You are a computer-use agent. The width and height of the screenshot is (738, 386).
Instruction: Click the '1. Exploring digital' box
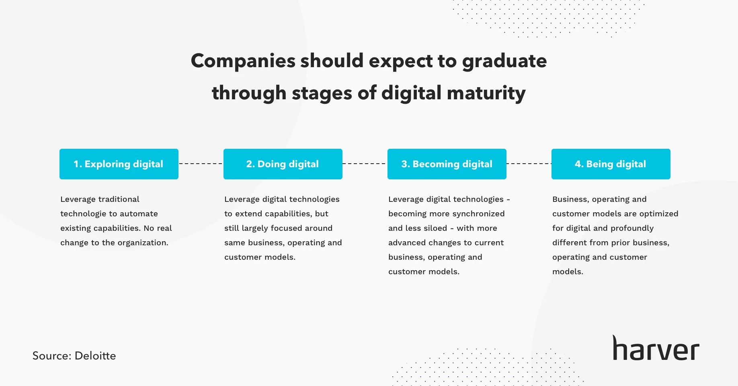click(119, 164)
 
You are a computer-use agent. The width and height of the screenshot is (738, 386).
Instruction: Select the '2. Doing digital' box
click(283, 164)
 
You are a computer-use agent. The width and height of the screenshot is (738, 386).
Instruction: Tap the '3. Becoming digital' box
click(447, 164)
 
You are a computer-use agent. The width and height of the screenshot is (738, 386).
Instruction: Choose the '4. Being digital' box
click(611, 164)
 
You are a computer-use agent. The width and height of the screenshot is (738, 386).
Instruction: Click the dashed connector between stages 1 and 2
click(201, 164)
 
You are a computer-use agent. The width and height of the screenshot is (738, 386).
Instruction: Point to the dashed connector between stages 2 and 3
click(365, 164)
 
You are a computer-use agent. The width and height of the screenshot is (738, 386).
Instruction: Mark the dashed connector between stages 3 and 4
click(529, 164)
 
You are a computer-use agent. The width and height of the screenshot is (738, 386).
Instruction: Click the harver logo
click(656, 348)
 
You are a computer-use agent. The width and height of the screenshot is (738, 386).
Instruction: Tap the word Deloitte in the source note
click(95, 356)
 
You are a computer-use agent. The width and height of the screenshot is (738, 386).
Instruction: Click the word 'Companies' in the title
click(243, 61)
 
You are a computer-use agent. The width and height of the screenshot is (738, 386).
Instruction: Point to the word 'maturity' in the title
click(486, 94)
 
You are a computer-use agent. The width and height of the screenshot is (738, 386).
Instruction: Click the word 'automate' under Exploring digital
click(139, 214)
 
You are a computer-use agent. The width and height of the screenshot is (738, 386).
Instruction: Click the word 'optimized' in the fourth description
click(658, 214)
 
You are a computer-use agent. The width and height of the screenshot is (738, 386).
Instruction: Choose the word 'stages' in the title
click(322, 94)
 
